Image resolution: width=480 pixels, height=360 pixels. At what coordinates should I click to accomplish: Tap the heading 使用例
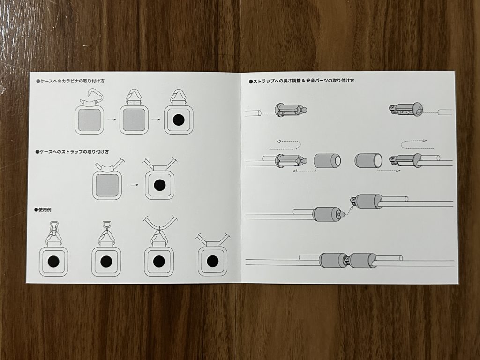(x=45, y=210)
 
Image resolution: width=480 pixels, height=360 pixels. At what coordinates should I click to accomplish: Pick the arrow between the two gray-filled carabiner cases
(x=112, y=119)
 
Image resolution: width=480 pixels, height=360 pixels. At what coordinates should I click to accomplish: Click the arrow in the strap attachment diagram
(x=134, y=185)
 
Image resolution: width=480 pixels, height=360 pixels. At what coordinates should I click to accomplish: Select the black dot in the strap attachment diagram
(x=159, y=185)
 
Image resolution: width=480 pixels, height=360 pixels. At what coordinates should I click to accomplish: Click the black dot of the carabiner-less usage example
(x=212, y=261)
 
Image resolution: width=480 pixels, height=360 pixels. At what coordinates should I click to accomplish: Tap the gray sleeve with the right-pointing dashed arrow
(x=368, y=161)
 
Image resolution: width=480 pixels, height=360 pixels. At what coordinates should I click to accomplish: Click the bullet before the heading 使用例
(x=36, y=210)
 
